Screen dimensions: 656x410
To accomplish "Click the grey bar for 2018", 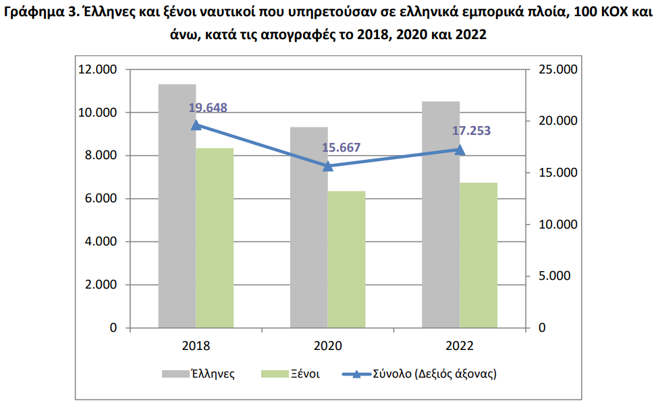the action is tap(177, 206).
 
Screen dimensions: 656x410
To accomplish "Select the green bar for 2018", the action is tap(215, 238).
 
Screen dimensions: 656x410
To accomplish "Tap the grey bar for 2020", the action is tap(308, 227).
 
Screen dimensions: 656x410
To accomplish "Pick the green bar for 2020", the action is tap(346, 260).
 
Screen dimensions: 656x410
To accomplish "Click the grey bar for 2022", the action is tap(441, 214).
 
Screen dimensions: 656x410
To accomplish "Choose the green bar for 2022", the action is tap(479, 256).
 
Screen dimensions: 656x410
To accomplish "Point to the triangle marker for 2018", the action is tap(196, 125).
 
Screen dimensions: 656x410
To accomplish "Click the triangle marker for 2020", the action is tap(328, 166).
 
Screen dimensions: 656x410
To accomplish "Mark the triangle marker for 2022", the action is tap(460, 150).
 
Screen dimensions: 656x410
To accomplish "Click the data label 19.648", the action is tap(207, 108).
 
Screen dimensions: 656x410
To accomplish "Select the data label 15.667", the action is tap(341, 148).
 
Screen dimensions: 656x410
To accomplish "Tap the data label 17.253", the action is tap(471, 131).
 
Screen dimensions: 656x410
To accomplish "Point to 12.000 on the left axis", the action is tap(97, 69).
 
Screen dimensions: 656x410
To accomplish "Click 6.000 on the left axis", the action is tap(101, 198).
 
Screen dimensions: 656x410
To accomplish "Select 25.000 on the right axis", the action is tap(557, 69).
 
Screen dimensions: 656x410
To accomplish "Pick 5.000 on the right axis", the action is tap(554, 276).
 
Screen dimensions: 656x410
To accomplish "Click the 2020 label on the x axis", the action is tap(327, 346).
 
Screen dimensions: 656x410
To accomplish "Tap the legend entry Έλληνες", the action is tap(198, 374).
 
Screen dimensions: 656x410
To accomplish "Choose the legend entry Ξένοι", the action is tap(290, 374).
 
